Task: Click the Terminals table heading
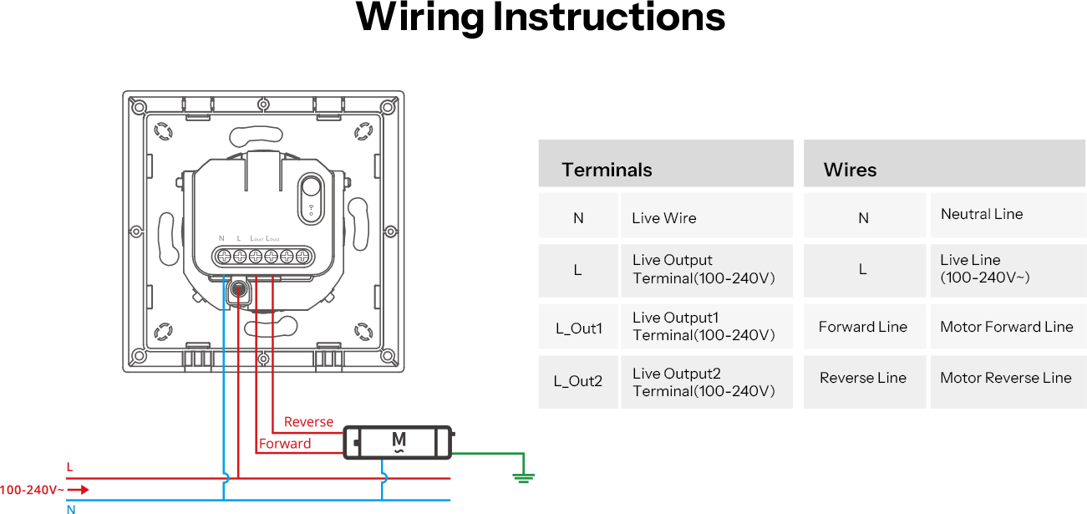pyautogui.click(x=607, y=170)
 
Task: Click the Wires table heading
pyautogui.click(x=850, y=170)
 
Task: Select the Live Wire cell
pyautogui.click(x=664, y=218)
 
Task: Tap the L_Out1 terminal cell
pyautogui.click(x=578, y=328)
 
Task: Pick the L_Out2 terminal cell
pyautogui.click(x=578, y=381)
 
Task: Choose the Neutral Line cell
pyautogui.click(x=982, y=214)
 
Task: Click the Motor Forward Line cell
pyautogui.click(x=1007, y=327)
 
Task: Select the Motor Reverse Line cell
pyautogui.click(x=1006, y=378)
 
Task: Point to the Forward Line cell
pyautogui.click(x=863, y=327)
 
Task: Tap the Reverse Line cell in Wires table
pyautogui.click(x=863, y=378)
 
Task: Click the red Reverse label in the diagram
pyautogui.click(x=308, y=422)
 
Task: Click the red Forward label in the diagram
pyautogui.click(x=285, y=444)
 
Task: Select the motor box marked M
pyautogui.click(x=398, y=441)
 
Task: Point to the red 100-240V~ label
pyautogui.click(x=28, y=490)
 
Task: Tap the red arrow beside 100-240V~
pyautogui.click(x=79, y=490)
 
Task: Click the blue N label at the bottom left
pyautogui.click(x=71, y=508)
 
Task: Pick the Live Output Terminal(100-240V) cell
pyautogui.click(x=704, y=269)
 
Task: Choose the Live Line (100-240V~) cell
pyautogui.click(x=984, y=268)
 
